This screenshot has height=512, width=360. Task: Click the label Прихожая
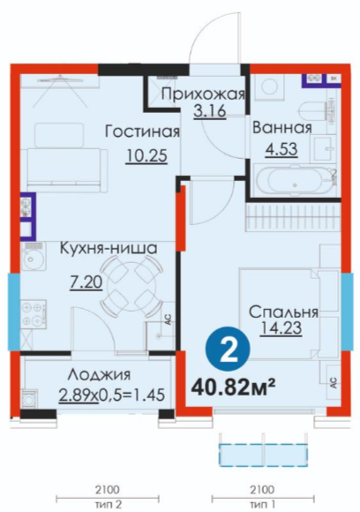click(203, 94)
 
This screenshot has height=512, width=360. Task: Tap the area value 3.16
click(209, 111)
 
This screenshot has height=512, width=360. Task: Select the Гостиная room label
click(142, 132)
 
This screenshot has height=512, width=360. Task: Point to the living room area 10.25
click(146, 155)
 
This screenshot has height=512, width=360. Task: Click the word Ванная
click(282, 127)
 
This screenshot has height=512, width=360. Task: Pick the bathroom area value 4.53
click(281, 149)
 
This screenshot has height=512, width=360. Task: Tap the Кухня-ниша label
click(109, 248)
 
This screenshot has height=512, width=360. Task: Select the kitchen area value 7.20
click(86, 282)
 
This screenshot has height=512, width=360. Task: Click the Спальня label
click(283, 312)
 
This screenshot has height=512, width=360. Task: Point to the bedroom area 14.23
click(281, 328)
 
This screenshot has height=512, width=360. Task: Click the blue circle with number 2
click(228, 349)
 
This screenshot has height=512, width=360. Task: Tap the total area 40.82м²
click(234, 387)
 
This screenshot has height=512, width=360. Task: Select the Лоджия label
click(99, 374)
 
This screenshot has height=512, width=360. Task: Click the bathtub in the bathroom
click(296, 182)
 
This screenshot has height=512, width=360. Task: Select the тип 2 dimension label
click(108, 504)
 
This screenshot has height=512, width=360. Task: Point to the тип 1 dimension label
click(262, 504)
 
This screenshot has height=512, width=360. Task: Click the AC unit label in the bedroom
click(334, 381)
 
